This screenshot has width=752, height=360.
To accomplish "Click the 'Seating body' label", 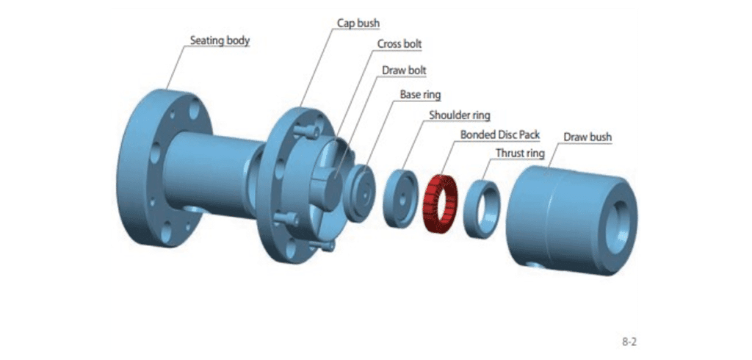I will pyautogui.click(x=220, y=40).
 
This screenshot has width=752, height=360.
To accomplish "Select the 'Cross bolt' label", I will pyautogui.click(x=399, y=44).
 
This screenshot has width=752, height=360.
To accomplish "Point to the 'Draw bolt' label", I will pyautogui.click(x=404, y=71).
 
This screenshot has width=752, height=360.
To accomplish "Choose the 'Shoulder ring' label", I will pyautogui.click(x=459, y=115).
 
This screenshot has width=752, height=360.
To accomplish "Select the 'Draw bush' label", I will pyautogui.click(x=587, y=137).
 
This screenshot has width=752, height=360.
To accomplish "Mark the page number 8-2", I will pyautogui.click(x=629, y=342).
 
